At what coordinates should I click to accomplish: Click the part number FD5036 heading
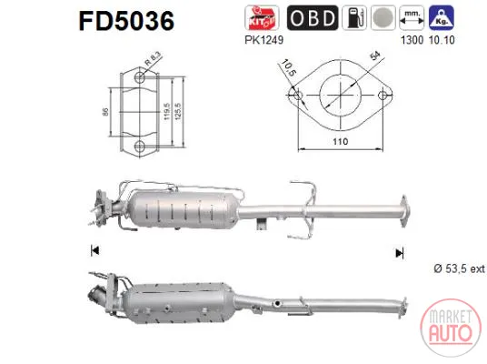pos(126,21)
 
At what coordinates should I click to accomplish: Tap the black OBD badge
pos(313,17)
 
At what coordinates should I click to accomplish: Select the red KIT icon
pos(262,17)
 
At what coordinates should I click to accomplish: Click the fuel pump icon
pos(354,17)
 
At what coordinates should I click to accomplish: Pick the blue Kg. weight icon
pos(442,17)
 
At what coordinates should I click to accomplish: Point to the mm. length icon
pos(412,17)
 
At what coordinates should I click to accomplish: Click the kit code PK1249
pos(264,40)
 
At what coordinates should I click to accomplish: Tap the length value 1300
pos(412,40)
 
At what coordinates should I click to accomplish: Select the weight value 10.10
pos(442,40)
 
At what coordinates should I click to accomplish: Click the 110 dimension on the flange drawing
pos(340,142)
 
